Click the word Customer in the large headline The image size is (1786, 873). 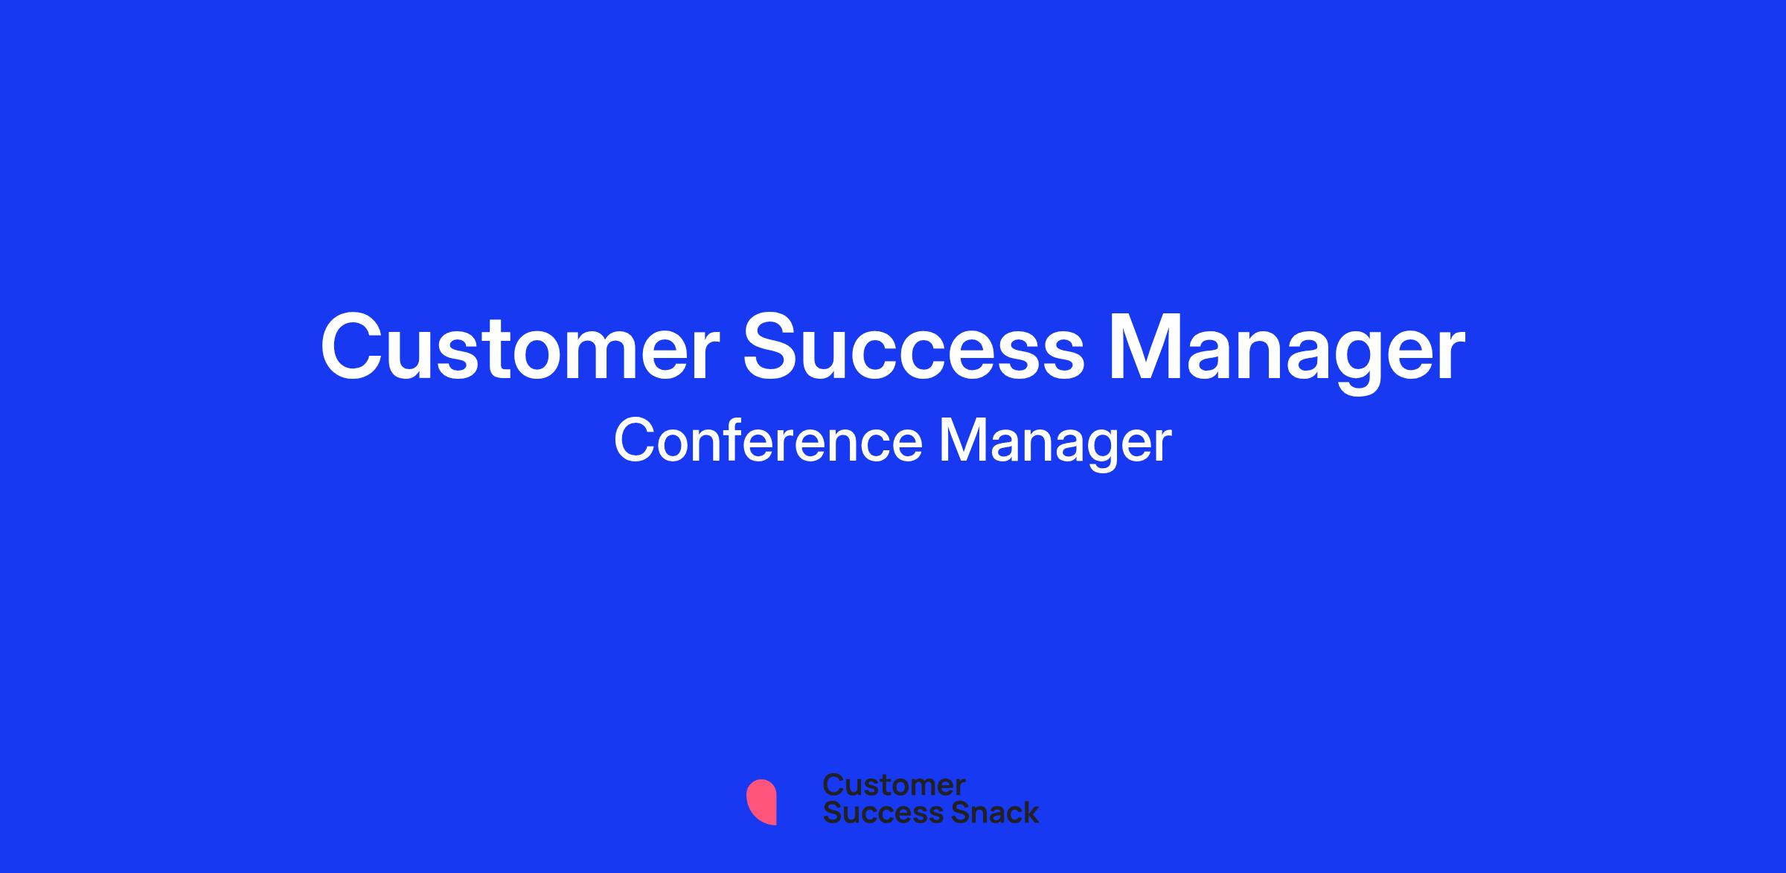click(519, 347)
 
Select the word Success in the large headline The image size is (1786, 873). click(914, 347)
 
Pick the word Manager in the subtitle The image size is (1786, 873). click(1055, 444)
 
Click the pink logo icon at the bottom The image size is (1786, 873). click(761, 802)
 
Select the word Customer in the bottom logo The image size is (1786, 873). click(894, 785)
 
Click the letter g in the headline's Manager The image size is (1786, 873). click(1348, 362)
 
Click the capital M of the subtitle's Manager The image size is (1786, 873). click(962, 440)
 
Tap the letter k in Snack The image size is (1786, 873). click(1030, 813)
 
